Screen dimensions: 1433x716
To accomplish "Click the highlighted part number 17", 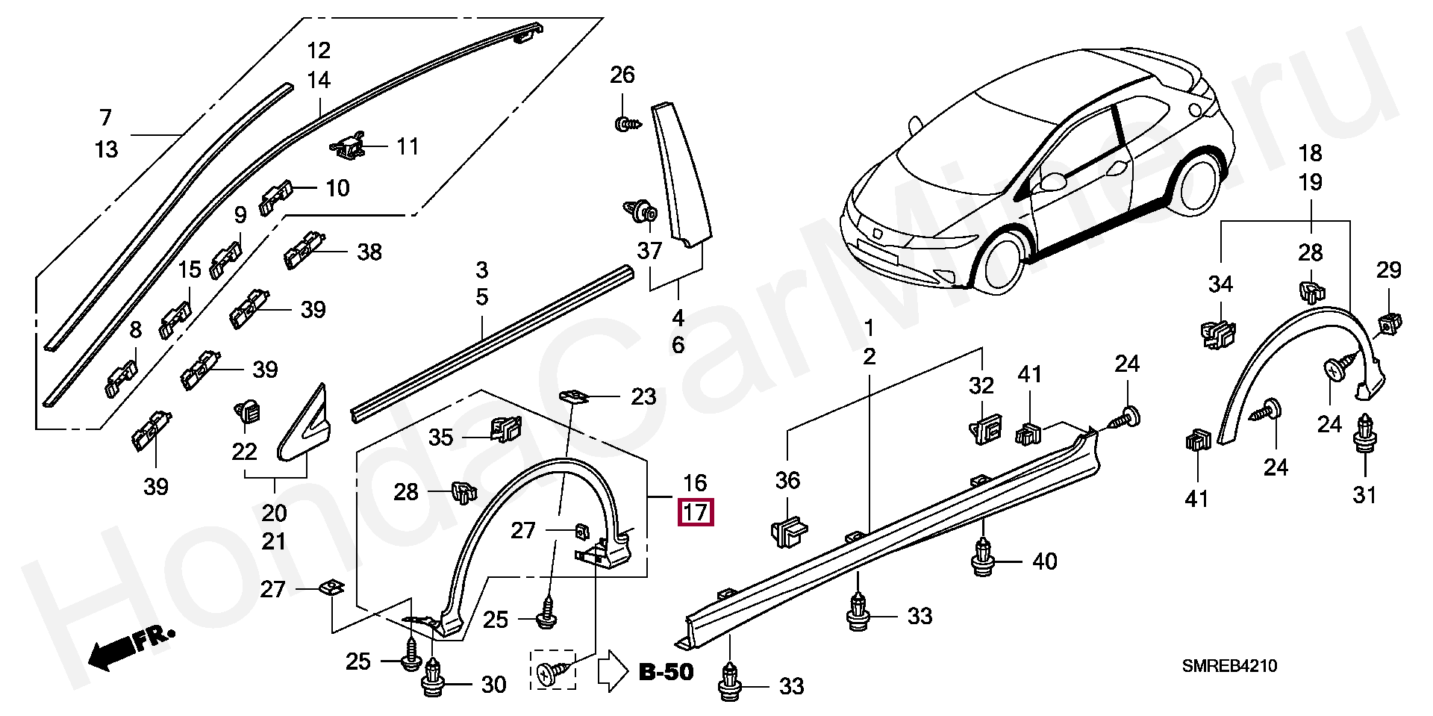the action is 695,512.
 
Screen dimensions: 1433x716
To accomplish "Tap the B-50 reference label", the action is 666,672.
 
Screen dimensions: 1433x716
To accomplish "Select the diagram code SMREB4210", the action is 1229,665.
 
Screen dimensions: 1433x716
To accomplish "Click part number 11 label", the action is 408,146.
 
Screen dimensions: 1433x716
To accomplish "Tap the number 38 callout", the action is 369,252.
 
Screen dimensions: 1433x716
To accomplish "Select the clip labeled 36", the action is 788,532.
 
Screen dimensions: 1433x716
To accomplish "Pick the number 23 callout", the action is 643,396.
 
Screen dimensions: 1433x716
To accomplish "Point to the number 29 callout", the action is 1389,270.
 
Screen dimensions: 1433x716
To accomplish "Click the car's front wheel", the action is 1002,263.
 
